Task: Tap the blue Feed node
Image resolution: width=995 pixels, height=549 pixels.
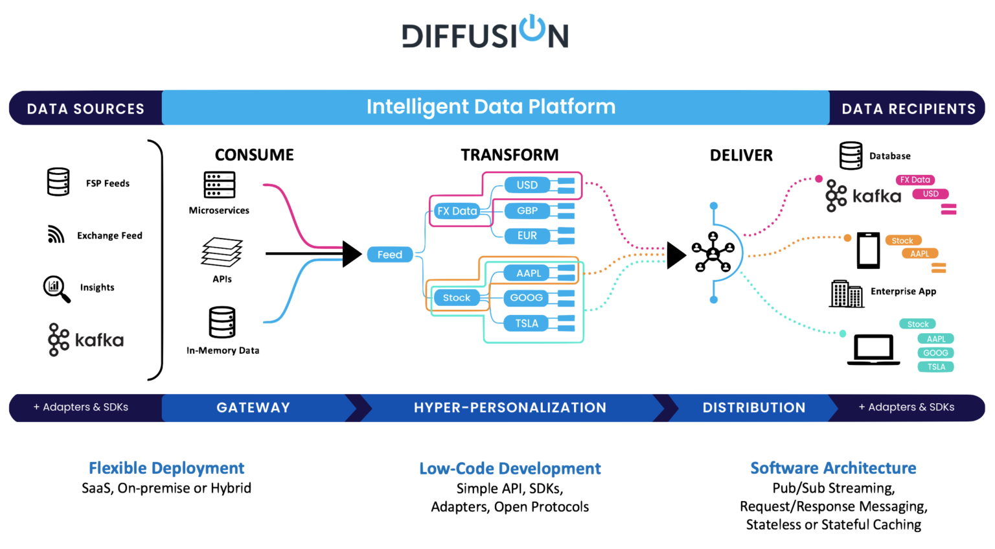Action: [x=389, y=255]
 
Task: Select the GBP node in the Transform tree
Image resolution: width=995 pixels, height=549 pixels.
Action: [x=527, y=211]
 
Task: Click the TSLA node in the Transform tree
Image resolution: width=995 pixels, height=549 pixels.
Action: [x=527, y=323]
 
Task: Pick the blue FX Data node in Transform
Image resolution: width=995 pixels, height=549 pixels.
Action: [x=457, y=211]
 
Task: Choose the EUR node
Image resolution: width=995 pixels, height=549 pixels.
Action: [x=527, y=235]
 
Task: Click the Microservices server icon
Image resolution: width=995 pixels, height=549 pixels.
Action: [x=220, y=185]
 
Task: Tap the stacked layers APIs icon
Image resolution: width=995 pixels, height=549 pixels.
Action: [x=222, y=252]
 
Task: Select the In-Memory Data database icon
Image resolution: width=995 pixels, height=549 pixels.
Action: [x=222, y=322]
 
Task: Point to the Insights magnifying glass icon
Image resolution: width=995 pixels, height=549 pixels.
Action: [x=56, y=289]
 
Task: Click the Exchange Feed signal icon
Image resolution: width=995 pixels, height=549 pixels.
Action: [x=56, y=234]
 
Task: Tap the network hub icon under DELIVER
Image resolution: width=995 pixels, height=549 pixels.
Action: [x=713, y=252]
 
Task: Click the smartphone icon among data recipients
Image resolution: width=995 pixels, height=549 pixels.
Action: [x=869, y=250]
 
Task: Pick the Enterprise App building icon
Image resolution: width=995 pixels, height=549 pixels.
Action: [x=846, y=294]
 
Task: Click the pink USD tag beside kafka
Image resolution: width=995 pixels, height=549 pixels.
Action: [x=930, y=194]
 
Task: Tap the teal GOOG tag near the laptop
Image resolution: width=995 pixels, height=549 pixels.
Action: [x=935, y=353]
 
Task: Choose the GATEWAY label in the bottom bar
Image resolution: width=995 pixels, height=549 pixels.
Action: [x=253, y=408]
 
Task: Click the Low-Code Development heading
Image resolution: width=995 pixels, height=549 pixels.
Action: [x=510, y=469]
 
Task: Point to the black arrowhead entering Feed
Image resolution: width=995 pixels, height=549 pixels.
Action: [x=352, y=254]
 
